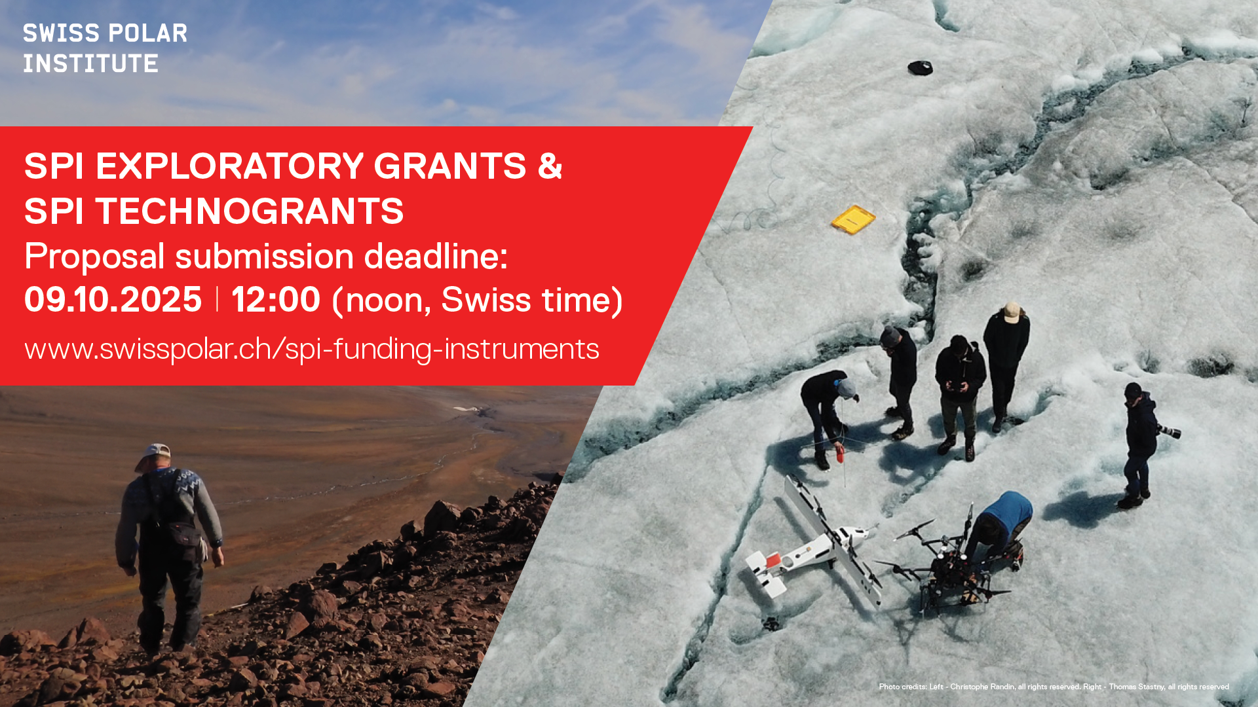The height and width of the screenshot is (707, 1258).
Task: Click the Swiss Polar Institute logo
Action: [x=105, y=48]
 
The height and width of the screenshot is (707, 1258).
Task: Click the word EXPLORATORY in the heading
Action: [x=230, y=166]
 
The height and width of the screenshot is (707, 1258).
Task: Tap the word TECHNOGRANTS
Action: [x=250, y=211]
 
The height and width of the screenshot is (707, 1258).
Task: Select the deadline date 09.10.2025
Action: [x=113, y=300]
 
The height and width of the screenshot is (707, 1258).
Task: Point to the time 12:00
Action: [x=276, y=300]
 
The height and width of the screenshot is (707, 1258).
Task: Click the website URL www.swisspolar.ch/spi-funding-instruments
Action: [x=312, y=349]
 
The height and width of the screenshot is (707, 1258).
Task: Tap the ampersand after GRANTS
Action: [x=550, y=166]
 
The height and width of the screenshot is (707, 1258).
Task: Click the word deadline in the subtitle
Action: [x=436, y=256]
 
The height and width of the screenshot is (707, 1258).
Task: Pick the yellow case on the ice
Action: [x=853, y=219]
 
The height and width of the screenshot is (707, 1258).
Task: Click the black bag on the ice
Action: [x=920, y=67]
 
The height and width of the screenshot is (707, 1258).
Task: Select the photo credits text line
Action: [x=1054, y=687]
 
